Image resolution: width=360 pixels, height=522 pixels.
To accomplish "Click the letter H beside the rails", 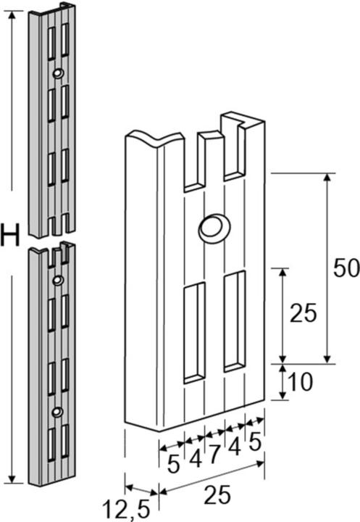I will click(x=10, y=236).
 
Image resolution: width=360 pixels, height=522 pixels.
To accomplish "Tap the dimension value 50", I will click(x=346, y=268).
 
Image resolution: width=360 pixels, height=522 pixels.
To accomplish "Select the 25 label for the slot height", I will click(x=304, y=313).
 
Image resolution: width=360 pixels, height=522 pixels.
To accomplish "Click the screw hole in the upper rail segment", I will click(x=57, y=73).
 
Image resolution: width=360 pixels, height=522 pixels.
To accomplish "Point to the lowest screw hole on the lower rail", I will click(x=56, y=413).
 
